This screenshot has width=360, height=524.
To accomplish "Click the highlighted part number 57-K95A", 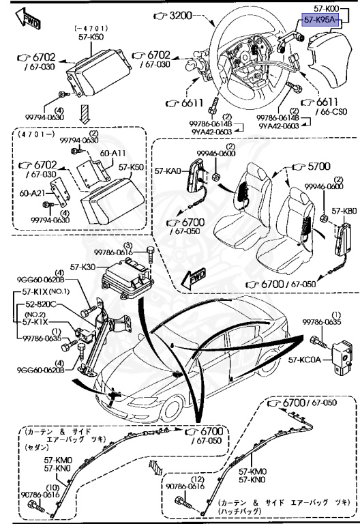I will coord(320,20).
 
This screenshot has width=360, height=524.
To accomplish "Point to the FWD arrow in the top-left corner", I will coord(31,18).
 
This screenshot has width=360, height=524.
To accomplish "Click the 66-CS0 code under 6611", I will coord(331,111).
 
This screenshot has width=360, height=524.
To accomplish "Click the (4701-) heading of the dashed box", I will coord(33,135).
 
